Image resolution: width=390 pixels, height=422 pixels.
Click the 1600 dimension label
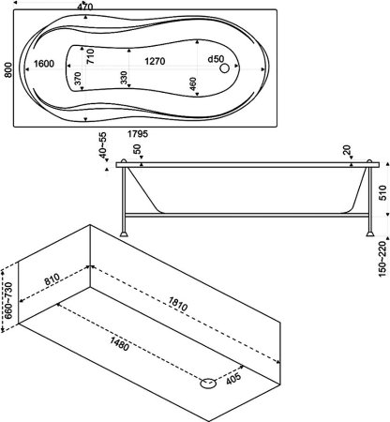(x=44, y=64)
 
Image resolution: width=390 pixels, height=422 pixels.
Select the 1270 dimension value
(x=155, y=61)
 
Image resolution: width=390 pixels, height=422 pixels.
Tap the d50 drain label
(x=216, y=59)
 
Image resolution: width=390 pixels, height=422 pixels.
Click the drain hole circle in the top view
(x=224, y=68)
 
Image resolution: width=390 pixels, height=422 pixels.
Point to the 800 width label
(x=8, y=70)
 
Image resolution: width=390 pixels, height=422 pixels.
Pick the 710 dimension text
(x=90, y=56)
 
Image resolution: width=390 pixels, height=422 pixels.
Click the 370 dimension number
(x=78, y=79)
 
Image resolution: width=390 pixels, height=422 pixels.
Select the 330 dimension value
(x=124, y=78)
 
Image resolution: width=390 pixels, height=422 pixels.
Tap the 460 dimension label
(x=193, y=83)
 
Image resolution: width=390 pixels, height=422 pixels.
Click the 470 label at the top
(x=85, y=7)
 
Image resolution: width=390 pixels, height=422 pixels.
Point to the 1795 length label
(x=138, y=134)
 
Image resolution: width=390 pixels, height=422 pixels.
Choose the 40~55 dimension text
(x=102, y=145)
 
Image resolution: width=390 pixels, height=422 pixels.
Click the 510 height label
(x=382, y=192)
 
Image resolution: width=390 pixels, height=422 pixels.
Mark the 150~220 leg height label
(x=382, y=259)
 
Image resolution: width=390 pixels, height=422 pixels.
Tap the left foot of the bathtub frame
(x=124, y=234)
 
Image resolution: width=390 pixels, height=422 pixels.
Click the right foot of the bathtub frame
(x=370, y=234)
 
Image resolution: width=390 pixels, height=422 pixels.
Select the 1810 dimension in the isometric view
(x=178, y=304)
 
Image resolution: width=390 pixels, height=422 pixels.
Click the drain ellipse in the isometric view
(x=208, y=383)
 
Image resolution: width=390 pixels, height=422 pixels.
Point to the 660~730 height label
(x=8, y=300)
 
